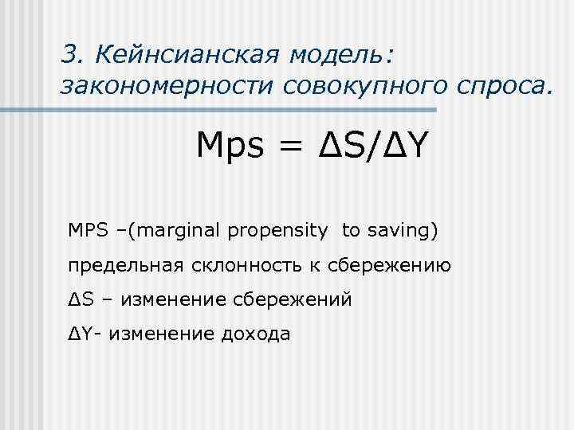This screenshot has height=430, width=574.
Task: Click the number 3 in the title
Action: (69, 54)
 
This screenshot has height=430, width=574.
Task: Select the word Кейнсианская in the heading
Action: (185, 54)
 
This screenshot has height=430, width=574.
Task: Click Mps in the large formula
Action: (230, 148)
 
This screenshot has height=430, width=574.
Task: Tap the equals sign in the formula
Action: (293, 148)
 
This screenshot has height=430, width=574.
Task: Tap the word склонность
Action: (230, 265)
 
